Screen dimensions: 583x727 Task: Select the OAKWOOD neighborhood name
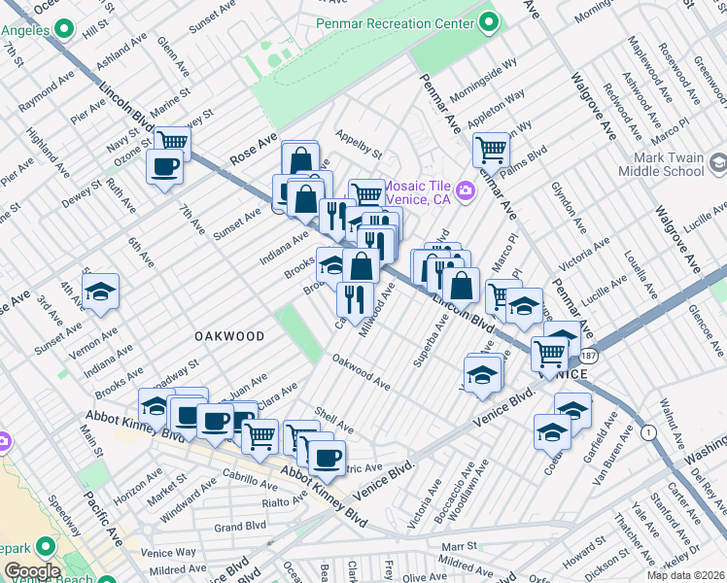(229, 336)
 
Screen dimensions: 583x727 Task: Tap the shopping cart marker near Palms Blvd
(492, 150)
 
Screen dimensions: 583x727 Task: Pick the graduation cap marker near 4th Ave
(99, 293)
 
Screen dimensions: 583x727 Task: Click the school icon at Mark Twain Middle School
(718, 163)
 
